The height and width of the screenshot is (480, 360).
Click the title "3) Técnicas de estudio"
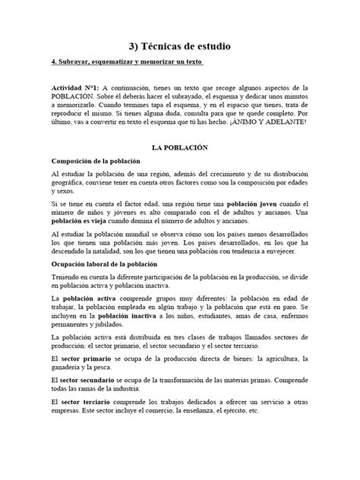point(179,47)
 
